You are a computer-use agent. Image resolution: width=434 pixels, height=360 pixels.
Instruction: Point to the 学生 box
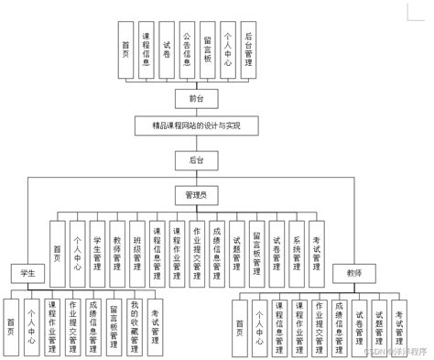pyautogui.click(x=28, y=272)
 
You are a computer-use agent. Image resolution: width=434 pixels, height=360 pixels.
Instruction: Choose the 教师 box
pyautogui.click(x=354, y=272)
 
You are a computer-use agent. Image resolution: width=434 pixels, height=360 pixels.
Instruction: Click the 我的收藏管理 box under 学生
pyautogui.click(x=134, y=327)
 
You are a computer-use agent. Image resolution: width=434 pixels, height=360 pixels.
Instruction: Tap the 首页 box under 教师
pyautogui.click(x=239, y=327)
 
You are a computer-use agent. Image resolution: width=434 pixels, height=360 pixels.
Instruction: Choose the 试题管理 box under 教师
pyautogui.click(x=379, y=327)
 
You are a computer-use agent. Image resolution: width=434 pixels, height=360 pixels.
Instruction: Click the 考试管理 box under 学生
pyautogui.click(x=155, y=327)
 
